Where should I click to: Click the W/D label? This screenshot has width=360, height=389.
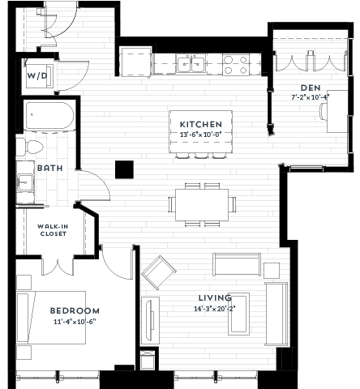[36, 76]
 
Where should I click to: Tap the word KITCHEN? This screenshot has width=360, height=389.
[199, 124]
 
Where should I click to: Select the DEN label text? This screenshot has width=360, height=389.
[311, 88]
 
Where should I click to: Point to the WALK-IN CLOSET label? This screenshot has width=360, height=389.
[53, 229]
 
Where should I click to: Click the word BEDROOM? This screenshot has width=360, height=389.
[75, 310]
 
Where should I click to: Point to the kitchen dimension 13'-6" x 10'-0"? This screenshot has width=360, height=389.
[199, 134]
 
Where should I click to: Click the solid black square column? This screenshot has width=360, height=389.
[124, 169]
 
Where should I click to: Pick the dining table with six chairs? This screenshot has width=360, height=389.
[202, 203]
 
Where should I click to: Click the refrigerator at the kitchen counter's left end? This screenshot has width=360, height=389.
[135, 62]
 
